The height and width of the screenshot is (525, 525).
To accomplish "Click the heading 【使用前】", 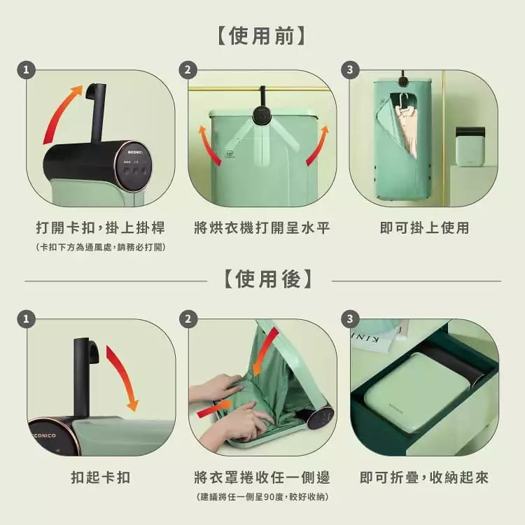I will coord(262,35).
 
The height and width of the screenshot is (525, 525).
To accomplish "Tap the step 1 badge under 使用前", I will coord(27,70).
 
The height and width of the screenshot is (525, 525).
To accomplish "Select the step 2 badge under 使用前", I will coord(188,70).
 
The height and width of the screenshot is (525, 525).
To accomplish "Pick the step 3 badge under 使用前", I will coord(349,70).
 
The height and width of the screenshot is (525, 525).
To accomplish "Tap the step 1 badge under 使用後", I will coord(27,319).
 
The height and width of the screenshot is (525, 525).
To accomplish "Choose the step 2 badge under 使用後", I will coord(188,319).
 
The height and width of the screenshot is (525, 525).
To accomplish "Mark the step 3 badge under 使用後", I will coord(349,319).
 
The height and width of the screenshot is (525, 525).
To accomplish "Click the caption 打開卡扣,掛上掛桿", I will coord(101,228).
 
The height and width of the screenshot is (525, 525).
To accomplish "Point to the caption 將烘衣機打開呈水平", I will coord(262,228).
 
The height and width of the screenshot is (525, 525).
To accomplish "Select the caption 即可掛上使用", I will coord(424,228).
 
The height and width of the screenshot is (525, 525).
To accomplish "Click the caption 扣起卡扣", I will coord(101,478).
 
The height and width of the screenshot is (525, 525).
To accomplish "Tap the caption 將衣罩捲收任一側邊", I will coord(262,478).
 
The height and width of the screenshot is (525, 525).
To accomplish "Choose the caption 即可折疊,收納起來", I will coord(424,478).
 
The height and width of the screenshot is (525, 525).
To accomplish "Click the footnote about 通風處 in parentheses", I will coord(101,248).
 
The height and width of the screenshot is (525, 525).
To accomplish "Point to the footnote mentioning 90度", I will coord(262,497).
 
